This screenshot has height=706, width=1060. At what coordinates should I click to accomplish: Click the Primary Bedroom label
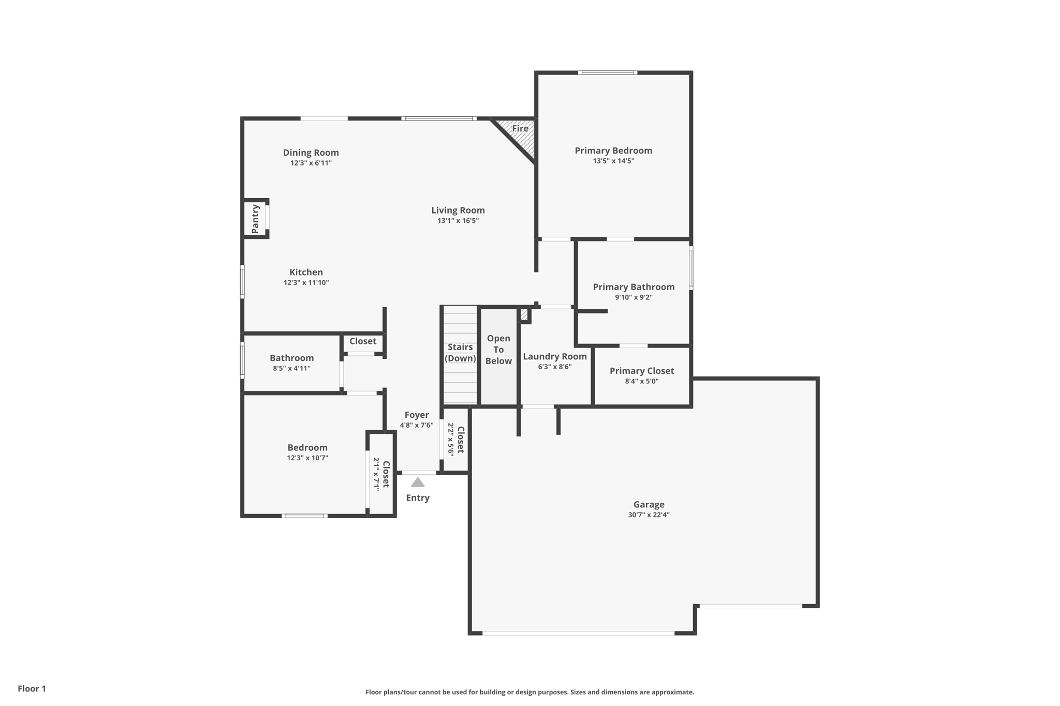point(613,151)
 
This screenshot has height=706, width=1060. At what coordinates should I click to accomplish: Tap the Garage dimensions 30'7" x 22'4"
point(649,515)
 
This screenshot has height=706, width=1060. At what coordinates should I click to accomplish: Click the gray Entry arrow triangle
point(418,483)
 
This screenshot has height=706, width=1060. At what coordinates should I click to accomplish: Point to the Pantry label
point(255,219)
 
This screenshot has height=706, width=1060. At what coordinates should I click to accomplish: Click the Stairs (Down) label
point(460,353)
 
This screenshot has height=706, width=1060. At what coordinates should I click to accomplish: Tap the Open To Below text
point(498,350)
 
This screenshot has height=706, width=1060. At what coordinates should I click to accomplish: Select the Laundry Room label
point(554,356)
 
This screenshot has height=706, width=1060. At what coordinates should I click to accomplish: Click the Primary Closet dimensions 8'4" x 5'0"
point(641,381)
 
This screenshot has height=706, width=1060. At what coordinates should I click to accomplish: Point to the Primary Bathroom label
point(634,287)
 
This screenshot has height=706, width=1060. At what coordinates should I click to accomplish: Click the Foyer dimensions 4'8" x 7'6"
point(416,425)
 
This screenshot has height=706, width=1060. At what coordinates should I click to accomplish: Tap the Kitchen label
point(306,272)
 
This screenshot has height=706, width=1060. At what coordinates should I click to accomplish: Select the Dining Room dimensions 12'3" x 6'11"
point(311,163)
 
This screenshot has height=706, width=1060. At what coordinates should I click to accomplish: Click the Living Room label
point(458,210)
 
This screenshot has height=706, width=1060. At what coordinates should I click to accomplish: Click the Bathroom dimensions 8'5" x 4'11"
point(291,368)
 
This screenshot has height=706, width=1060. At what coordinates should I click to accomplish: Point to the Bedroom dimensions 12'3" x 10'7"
point(307,458)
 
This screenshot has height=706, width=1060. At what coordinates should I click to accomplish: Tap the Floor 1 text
point(32,688)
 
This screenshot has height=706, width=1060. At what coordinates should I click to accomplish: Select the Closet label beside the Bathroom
point(362,341)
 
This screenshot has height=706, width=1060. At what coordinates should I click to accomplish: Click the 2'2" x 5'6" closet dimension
point(450,440)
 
